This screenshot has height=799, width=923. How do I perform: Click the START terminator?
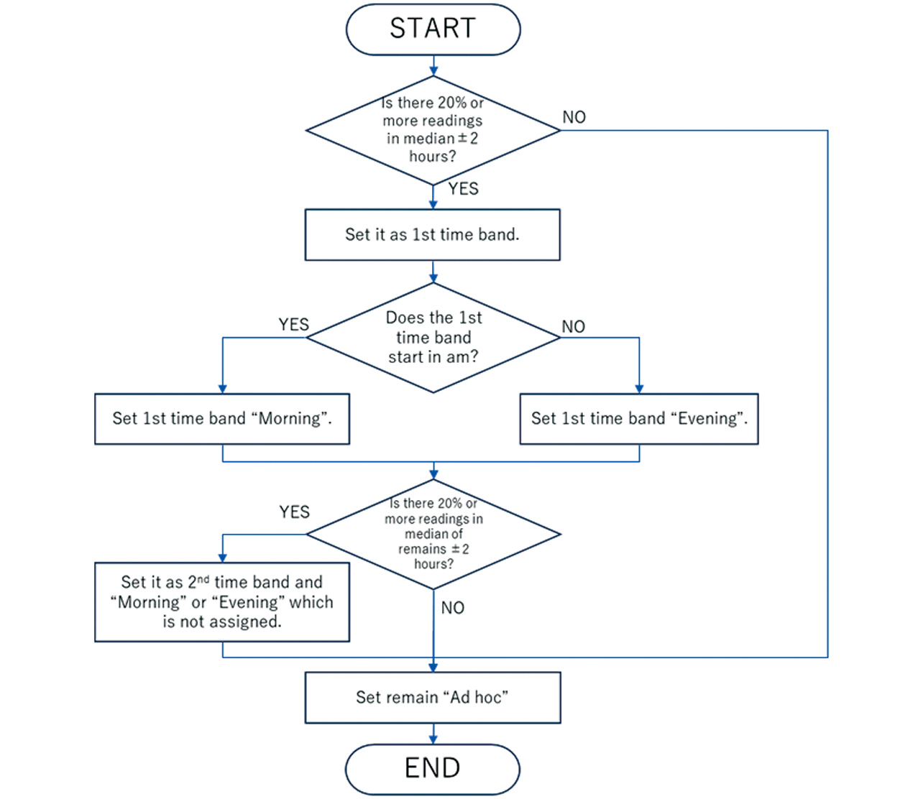tap(433, 29)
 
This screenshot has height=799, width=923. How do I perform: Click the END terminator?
tap(432, 769)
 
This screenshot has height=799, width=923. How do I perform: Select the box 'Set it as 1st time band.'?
tap(432, 235)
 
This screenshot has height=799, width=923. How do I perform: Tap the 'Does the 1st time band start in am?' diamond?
tap(433, 338)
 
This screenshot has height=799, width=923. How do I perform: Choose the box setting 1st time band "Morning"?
tap(221, 419)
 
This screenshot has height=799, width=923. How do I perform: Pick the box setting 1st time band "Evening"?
tap(638, 419)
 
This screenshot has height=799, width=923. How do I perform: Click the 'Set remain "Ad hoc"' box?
tap(432, 698)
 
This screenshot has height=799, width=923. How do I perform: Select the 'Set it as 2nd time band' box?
tap(221, 602)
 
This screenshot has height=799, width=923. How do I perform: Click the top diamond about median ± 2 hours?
tap(432, 130)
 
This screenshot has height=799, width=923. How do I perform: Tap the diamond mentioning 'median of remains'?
tap(433, 534)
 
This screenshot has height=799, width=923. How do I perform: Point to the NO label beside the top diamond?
tap(574, 117)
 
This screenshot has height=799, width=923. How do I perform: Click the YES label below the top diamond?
tap(463, 189)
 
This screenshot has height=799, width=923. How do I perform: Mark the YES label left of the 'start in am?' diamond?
tap(293, 325)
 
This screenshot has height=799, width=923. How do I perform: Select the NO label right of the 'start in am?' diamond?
tap(573, 327)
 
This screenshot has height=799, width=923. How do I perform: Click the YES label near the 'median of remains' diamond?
tap(294, 512)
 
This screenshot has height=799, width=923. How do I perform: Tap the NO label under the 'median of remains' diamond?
tap(452, 608)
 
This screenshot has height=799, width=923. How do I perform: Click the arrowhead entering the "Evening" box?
tap(639, 389)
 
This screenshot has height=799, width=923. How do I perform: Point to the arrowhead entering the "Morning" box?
tap(223, 389)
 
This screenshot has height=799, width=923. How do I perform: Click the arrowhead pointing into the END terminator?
tap(433, 739)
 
